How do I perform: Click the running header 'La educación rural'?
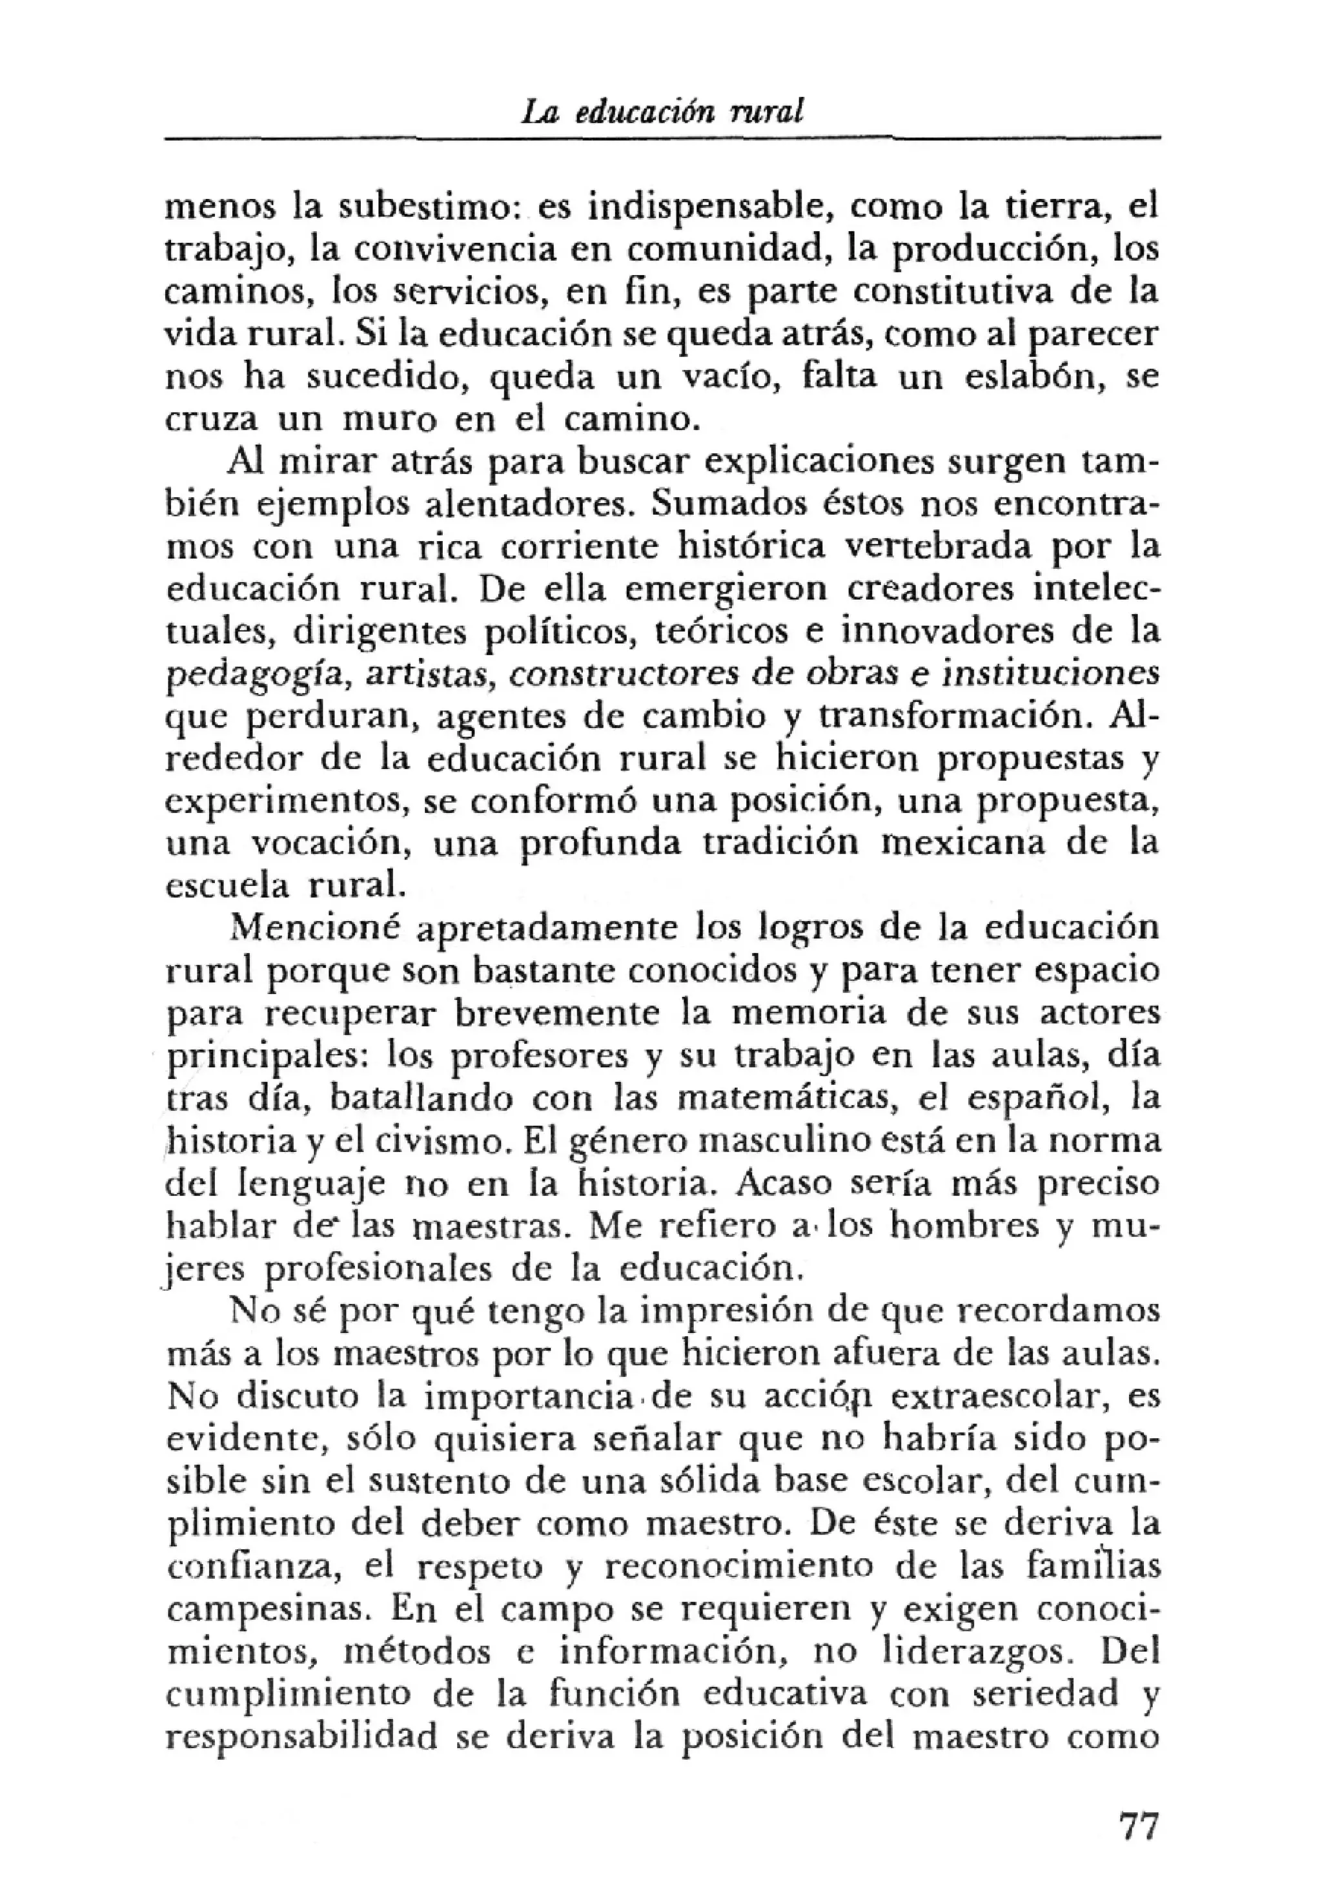(x=662, y=112)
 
